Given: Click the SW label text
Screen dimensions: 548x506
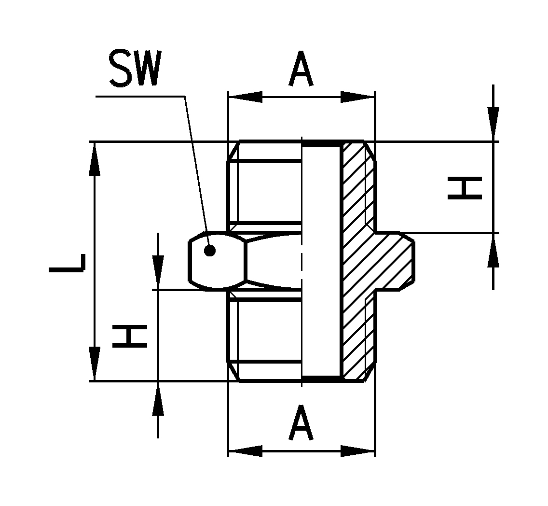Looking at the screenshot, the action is pos(135,69).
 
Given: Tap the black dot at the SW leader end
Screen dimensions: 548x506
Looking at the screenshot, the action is pos(210,251).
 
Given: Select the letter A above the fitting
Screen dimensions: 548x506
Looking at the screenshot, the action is pos(301,69).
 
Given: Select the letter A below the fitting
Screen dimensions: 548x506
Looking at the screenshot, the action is pos(301,422).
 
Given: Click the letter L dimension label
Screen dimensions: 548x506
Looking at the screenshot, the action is pos(67,263).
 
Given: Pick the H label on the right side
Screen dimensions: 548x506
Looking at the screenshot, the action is pos(465,188).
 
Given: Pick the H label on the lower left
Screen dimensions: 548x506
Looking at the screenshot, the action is pos(130,337).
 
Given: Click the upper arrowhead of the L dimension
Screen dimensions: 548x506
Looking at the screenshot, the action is pos(95,159).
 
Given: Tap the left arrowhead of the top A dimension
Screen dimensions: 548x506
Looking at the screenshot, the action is pos(246,97).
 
